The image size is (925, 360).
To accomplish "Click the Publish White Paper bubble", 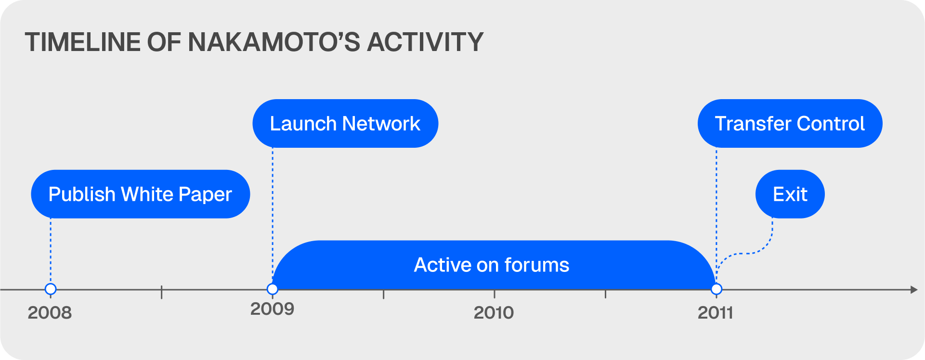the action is click(x=140, y=194).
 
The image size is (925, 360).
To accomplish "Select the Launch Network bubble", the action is click(x=345, y=124).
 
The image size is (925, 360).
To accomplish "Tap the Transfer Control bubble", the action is click(x=790, y=124).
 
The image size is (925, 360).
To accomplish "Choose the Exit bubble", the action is click(x=790, y=194).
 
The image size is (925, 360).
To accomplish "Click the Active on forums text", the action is click(x=492, y=265).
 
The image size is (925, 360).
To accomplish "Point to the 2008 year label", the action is click(x=50, y=313).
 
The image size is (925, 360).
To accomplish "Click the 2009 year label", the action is click(x=272, y=309).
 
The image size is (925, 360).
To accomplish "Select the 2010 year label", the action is click(x=494, y=313).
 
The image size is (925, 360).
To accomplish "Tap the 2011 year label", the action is click(x=716, y=313).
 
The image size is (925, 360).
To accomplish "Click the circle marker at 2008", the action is click(x=51, y=289).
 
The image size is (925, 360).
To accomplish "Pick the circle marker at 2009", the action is click(x=273, y=289).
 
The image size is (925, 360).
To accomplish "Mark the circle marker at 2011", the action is click(x=717, y=289).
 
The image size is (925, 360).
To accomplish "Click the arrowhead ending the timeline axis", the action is click(x=914, y=290).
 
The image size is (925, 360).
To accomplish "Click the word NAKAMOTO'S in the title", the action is click(x=274, y=42).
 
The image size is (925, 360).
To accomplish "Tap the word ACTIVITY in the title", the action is click(x=425, y=42).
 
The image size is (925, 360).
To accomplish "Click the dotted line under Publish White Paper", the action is click(x=51, y=251).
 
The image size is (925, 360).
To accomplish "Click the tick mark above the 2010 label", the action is click(x=495, y=294).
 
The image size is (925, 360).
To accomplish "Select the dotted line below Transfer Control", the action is click(x=717, y=216).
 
